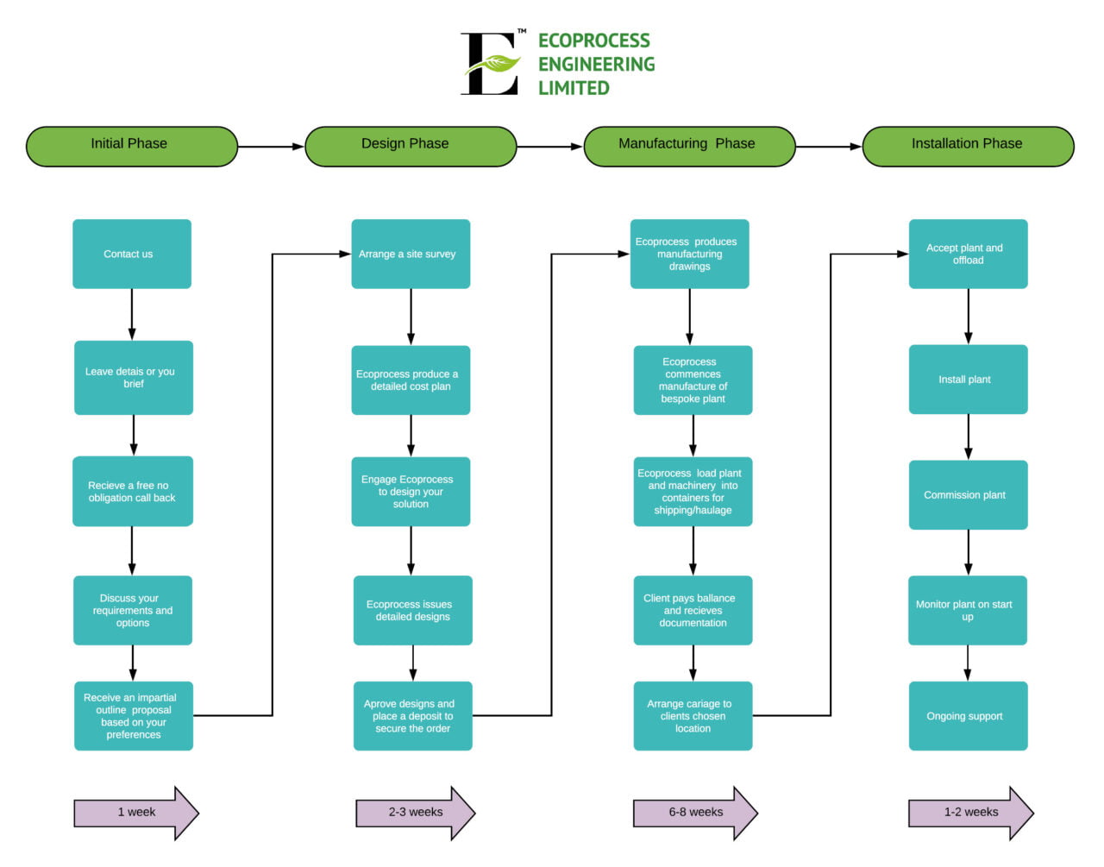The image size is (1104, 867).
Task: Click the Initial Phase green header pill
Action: pos(131,146)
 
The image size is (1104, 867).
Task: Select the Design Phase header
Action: pos(411,146)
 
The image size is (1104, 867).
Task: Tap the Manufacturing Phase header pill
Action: pos(689,146)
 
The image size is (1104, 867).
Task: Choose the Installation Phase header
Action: pos(968,146)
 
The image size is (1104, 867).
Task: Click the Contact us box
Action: pos(131,254)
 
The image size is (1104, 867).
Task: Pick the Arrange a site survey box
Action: pos(411,254)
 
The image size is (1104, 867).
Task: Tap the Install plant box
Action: pos(968,380)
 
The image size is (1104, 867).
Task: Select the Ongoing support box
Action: pos(968,716)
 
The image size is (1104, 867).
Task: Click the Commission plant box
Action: pos(968,495)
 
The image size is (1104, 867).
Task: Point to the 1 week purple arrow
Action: pos(136,813)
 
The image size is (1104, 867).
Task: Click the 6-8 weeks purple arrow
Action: pos(695,813)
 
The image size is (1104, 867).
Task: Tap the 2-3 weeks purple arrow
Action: pos(416,813)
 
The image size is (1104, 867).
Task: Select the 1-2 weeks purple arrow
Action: pos(970,813)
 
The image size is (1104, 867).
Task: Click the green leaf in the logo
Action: pos(494,64)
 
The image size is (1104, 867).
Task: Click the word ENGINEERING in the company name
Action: pos(596,65)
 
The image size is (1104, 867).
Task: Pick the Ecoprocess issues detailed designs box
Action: pos(412,610)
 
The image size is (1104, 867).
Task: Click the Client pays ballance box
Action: pos(693,610)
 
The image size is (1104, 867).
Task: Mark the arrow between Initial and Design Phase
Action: pos(271,147)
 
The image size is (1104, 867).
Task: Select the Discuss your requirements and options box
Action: pos(132,610)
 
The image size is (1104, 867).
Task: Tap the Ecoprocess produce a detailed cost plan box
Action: pos(411,380)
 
